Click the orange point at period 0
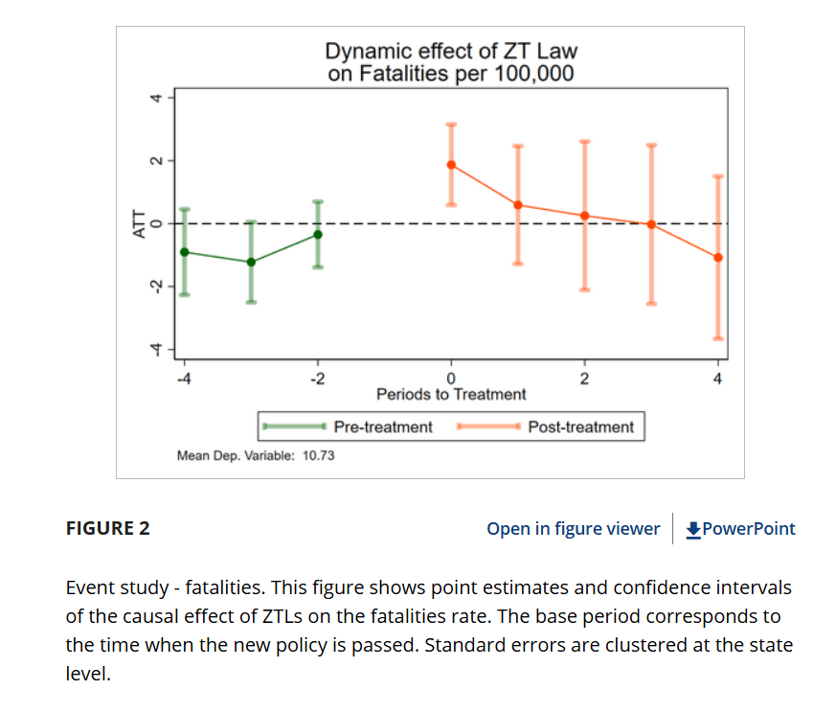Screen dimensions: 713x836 451,165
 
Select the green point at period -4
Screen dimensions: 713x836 185,252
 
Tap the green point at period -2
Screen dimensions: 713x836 318,235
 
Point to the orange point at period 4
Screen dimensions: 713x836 718,257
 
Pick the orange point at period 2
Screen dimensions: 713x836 584,216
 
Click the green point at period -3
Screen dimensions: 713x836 251,262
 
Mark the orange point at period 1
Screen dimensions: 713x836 518,205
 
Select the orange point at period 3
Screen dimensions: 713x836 651,224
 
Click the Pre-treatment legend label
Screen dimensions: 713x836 383,426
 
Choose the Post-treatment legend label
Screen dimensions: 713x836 581,426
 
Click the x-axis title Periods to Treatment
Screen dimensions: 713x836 451,394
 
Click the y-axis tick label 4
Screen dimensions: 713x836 150,98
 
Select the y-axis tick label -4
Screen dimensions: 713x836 150,351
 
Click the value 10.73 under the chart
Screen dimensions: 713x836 318,456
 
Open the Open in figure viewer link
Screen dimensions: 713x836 573,529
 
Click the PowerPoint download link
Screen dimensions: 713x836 741,529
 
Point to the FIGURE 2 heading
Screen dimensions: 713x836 107,529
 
